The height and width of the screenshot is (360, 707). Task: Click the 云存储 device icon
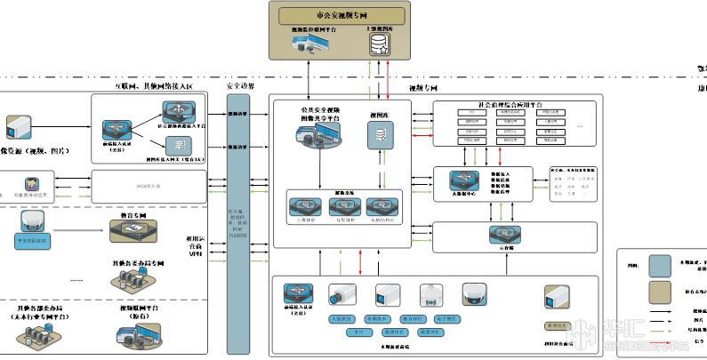pyautogui.click(x=496, y=232)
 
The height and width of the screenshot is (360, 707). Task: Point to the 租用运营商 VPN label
pyautogui.click(x=196, y=246)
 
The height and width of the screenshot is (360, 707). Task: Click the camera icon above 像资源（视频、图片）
pyautogui.click(x=18, y=124)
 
